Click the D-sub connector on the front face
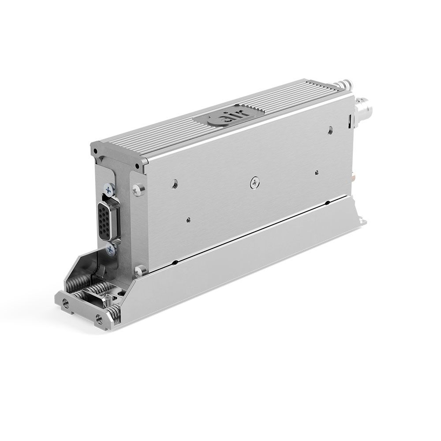pos(109,221)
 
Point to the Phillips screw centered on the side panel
pos(255,183)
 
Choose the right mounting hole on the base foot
pos(99,319)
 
